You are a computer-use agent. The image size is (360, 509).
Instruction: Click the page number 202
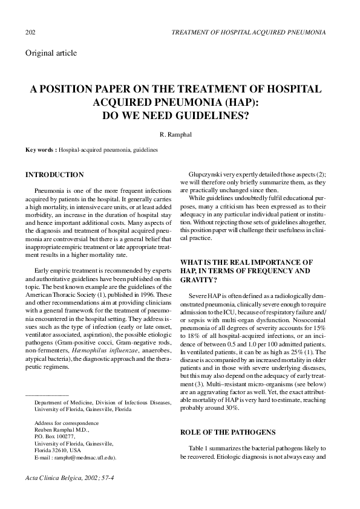[x=30, y=31]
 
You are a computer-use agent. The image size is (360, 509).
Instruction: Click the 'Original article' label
[x=51, y=53]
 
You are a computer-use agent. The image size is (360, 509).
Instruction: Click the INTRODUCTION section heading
[x=54, y=175]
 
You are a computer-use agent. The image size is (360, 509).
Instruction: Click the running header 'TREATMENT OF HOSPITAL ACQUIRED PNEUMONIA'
[x=249, y=31]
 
